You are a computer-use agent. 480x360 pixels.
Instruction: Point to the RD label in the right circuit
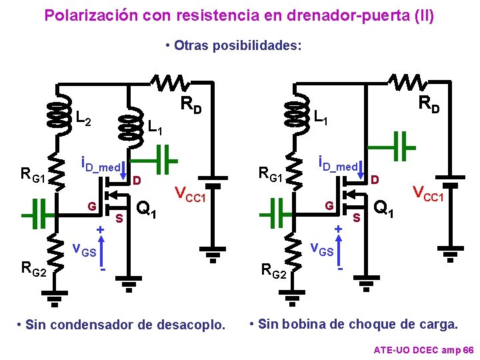pyautogui.click(x=429, y=104)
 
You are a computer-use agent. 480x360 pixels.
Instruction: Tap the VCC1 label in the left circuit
pyautogui.click(x=191, y=195)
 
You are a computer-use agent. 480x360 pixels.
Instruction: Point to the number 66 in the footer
pyautogui.click(x=467, y=349)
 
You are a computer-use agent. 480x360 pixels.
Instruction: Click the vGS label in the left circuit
pyautogui.click(x=84, y=251)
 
